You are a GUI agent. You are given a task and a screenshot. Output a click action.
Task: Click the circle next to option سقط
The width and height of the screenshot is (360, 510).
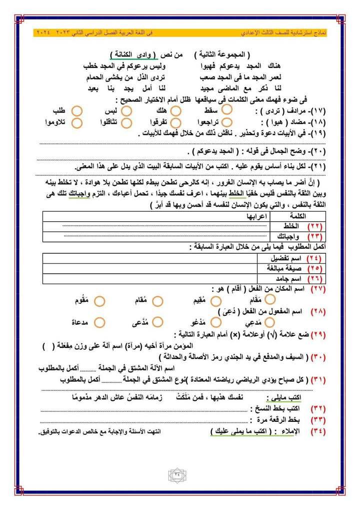[226, 109]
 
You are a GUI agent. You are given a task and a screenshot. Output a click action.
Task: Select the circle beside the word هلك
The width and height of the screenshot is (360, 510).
[175, 110]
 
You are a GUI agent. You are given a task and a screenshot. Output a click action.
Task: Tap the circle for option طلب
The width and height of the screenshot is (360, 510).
[76, 110]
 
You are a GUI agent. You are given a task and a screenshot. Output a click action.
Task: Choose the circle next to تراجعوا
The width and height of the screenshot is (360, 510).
[226, 122]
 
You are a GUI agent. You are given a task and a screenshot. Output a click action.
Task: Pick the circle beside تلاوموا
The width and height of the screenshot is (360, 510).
[76, 123]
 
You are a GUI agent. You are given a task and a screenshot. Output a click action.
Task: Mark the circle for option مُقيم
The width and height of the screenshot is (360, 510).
[216, 301]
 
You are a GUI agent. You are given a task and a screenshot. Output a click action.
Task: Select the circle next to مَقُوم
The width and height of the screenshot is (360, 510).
[98, 301]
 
